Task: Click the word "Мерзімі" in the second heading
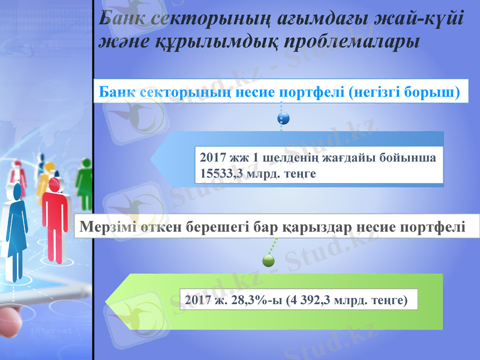pyautogui.click(x=108, y=227)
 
